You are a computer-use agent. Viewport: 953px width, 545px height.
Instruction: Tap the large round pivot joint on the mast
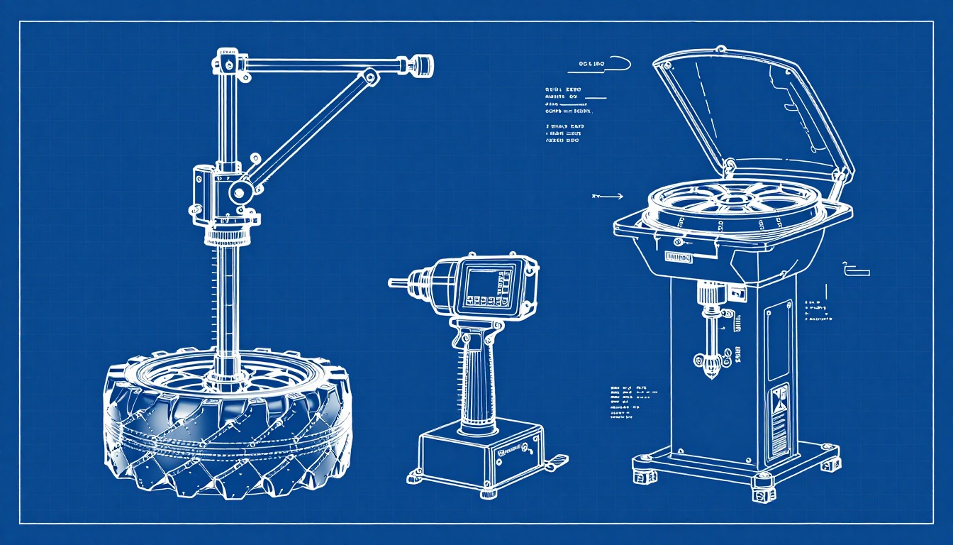(x=241, y=191)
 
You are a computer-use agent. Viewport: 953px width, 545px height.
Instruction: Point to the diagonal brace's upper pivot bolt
(x=369, y=76)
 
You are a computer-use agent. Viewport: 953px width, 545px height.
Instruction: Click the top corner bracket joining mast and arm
(x=228, y=63)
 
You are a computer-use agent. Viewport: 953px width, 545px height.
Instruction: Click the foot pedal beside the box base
(x=555, y=461)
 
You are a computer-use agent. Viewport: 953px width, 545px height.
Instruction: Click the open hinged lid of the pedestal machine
(x=752, y=114)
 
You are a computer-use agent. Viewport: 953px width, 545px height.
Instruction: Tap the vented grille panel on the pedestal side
(x=779, y=419)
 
